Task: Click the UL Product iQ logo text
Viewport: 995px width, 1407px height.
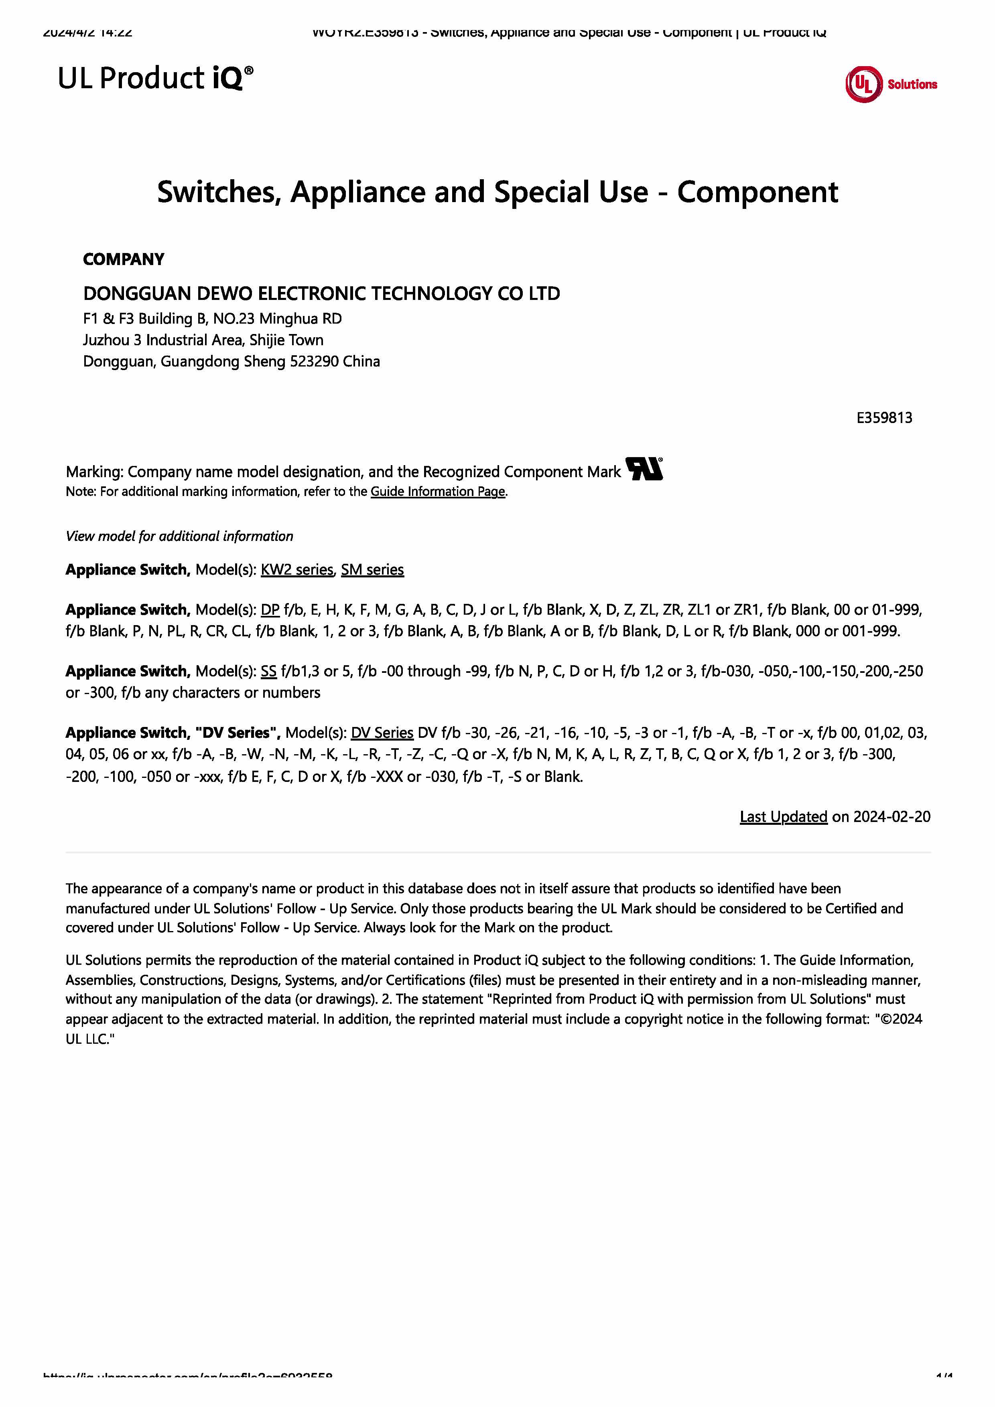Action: pos(155,79)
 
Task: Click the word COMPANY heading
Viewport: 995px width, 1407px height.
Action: pos(123,259)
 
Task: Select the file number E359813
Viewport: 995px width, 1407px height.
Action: pos(883,418)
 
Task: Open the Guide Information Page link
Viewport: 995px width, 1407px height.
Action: pos(438,492)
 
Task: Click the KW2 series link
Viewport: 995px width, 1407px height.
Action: pos(297,570)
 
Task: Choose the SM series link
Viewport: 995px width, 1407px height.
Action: pos(372,570)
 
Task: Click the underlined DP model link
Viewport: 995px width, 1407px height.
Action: pos(270,610)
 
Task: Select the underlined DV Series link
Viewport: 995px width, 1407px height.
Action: pos(382,733)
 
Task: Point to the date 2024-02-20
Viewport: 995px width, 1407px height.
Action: pos(891,817)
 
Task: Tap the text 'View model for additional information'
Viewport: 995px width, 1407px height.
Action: pos(179,536)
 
